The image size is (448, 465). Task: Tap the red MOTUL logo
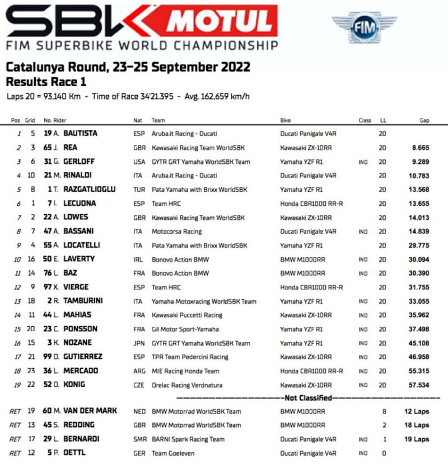tap(219, 21)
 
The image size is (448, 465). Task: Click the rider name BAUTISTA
tap(80, 134)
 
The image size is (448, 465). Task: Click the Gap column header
tap(424, 120)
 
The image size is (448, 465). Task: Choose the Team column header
tap(158, 120)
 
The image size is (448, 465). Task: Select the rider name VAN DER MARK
tap(90, 411)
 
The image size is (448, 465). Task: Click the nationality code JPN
tap(138, 343)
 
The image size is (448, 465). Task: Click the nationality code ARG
tap(139, 371)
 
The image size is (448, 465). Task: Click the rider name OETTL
tap(74, 453)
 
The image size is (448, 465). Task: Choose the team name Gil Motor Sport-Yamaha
tap(185, 329)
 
